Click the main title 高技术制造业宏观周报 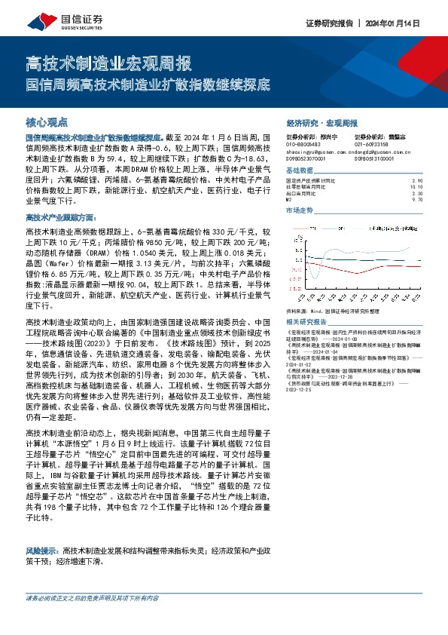point(108,62)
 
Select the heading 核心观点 point(47,121)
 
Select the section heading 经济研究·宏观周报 point(322,122)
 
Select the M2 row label point(290,200)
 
